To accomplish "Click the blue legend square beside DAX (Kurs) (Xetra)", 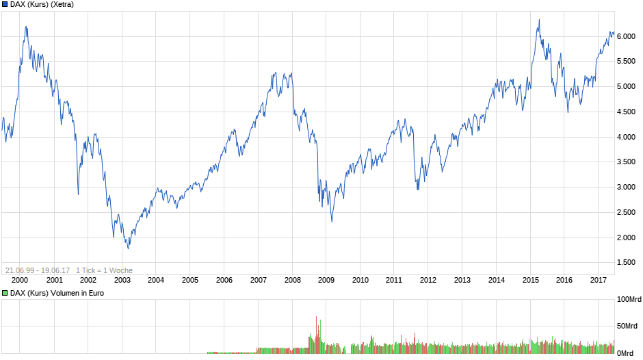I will pos(5,5).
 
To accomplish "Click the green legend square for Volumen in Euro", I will pos(5,293).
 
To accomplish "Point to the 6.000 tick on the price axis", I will pos(628,36).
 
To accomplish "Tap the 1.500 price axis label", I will pos(628,263).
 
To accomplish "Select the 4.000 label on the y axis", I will pos(628,137).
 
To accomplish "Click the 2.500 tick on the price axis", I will pos(628,213).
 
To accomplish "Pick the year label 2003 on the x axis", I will pos(122,280).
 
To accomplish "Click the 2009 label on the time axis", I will pos(326,280).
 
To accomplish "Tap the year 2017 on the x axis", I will pos(599,280).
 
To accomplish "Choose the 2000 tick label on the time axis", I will pos(20,280).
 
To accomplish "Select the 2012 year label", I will pos(428,280).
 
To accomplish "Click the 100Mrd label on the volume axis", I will pos(629,300).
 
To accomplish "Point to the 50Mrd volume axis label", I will pos(629,326).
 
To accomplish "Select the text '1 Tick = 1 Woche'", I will pos(105,270).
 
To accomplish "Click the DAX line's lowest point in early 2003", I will pos(128,248).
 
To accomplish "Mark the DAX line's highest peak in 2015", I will pos(539,20).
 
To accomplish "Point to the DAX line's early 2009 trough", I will pos(332,221).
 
